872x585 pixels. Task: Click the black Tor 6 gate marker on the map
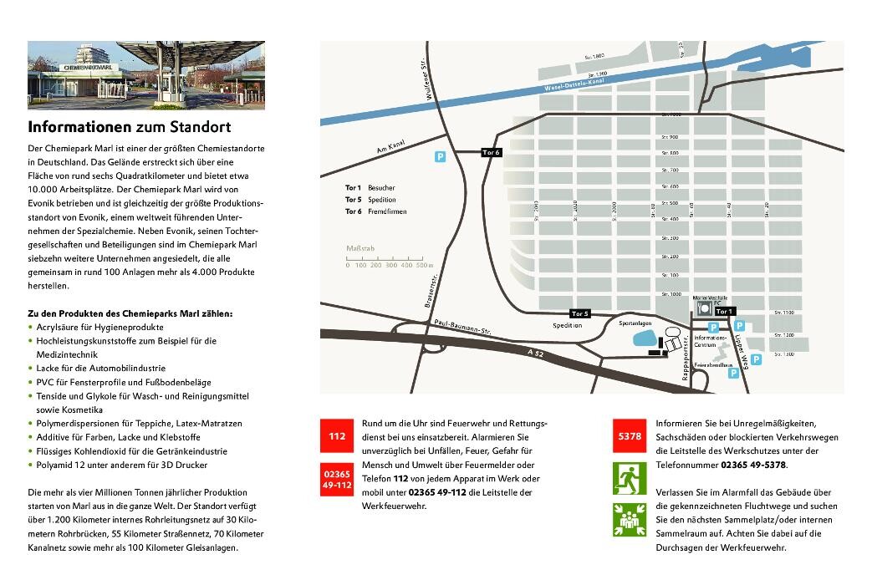tap(492, 152)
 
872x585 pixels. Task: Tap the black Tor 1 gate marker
tap(725, 311)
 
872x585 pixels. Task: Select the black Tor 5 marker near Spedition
tap(581, 313)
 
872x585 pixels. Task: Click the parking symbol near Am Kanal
tap(440, 156)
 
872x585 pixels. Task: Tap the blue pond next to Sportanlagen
tap(645, 338)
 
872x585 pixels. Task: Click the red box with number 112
tap(337, 436)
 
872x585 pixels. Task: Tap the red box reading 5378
tap(630, 436)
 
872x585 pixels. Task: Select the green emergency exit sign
tap(630, 479)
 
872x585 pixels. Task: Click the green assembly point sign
tap(630, 521)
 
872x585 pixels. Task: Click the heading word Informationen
tap(79, 128)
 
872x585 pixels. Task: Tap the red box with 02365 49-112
tap(337, 479)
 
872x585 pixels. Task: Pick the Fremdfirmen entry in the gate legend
tap(386, 212)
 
